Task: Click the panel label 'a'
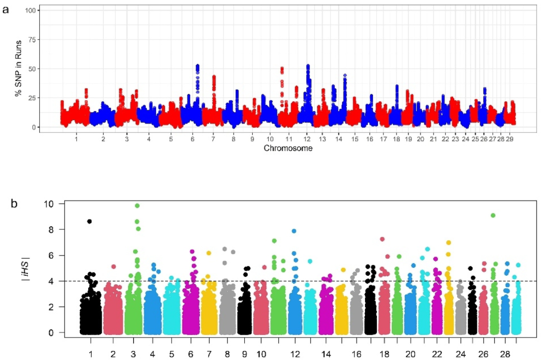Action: coord(5,9)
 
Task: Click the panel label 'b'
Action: coord(15,203)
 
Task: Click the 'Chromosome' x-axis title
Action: coord(288,149)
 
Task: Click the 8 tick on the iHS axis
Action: coord(54,230)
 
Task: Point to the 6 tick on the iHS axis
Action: coord(54,255)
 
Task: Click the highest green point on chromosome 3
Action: coord(137,205)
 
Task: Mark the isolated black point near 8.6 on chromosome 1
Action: coord(89,221)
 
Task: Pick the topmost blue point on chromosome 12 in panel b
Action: coord(294,231)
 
